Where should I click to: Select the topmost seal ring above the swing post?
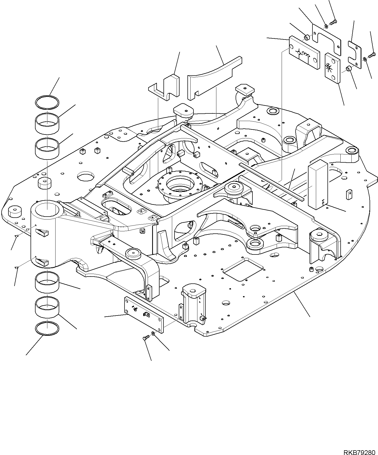point(47,103)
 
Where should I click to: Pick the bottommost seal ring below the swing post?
point(47,328)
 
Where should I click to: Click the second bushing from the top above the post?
point(47,149)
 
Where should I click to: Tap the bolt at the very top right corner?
point(333,23)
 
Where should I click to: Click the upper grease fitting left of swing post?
point(16,236)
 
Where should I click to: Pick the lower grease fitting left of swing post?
point(16,268)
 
